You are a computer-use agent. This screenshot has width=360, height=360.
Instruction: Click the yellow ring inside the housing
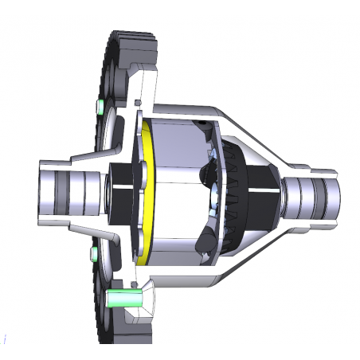point(145,191)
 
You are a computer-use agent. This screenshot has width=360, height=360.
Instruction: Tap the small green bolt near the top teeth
point(100,107)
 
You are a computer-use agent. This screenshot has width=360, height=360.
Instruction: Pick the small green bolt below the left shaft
point(93,254)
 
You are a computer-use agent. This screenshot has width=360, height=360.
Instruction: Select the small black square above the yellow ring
point(139,103)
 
